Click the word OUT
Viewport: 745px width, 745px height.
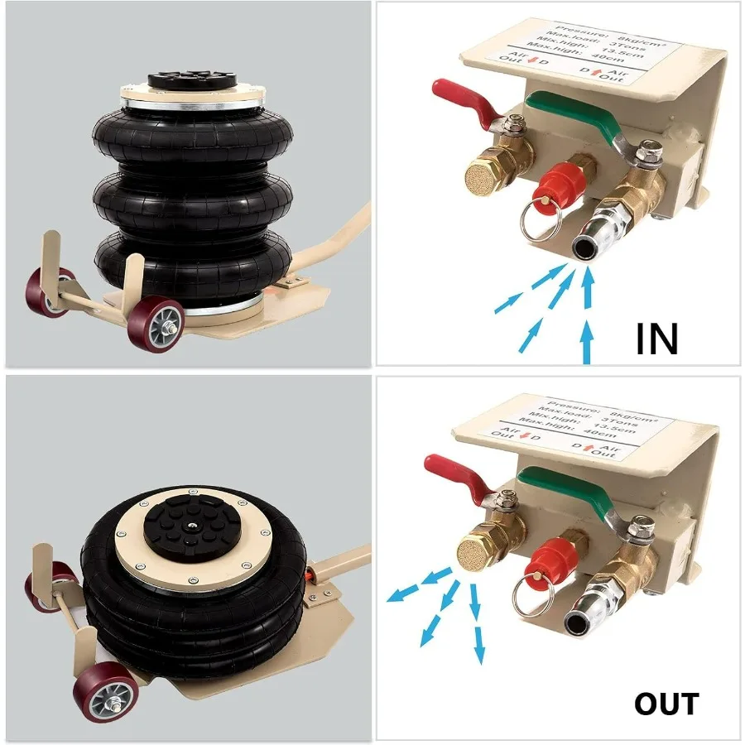pyautogui.click(x=666, y=704)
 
